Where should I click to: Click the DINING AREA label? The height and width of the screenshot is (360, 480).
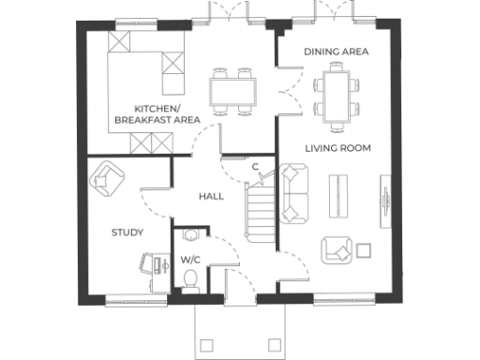click(x=336, y=51)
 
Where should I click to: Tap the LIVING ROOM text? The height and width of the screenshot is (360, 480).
click(x=337, y=148)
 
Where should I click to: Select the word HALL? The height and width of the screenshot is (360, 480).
click(x=211, y=197)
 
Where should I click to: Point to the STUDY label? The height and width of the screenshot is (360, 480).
click(x=127, y=232)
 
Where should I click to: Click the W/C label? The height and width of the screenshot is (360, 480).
click(x=190, y=259)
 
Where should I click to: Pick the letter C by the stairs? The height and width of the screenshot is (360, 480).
click(x=255, y=167)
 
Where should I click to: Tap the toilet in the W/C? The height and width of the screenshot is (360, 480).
click(x=190, y=278)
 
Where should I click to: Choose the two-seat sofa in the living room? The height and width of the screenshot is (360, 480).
click(x=294, y=191)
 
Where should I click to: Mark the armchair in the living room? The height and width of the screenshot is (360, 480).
click(x=338, y=249)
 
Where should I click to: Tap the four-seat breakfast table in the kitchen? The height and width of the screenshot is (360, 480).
click(x=232, y=91)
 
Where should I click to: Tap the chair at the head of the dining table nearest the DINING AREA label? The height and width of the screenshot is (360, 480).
click(x=337, y=68)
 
